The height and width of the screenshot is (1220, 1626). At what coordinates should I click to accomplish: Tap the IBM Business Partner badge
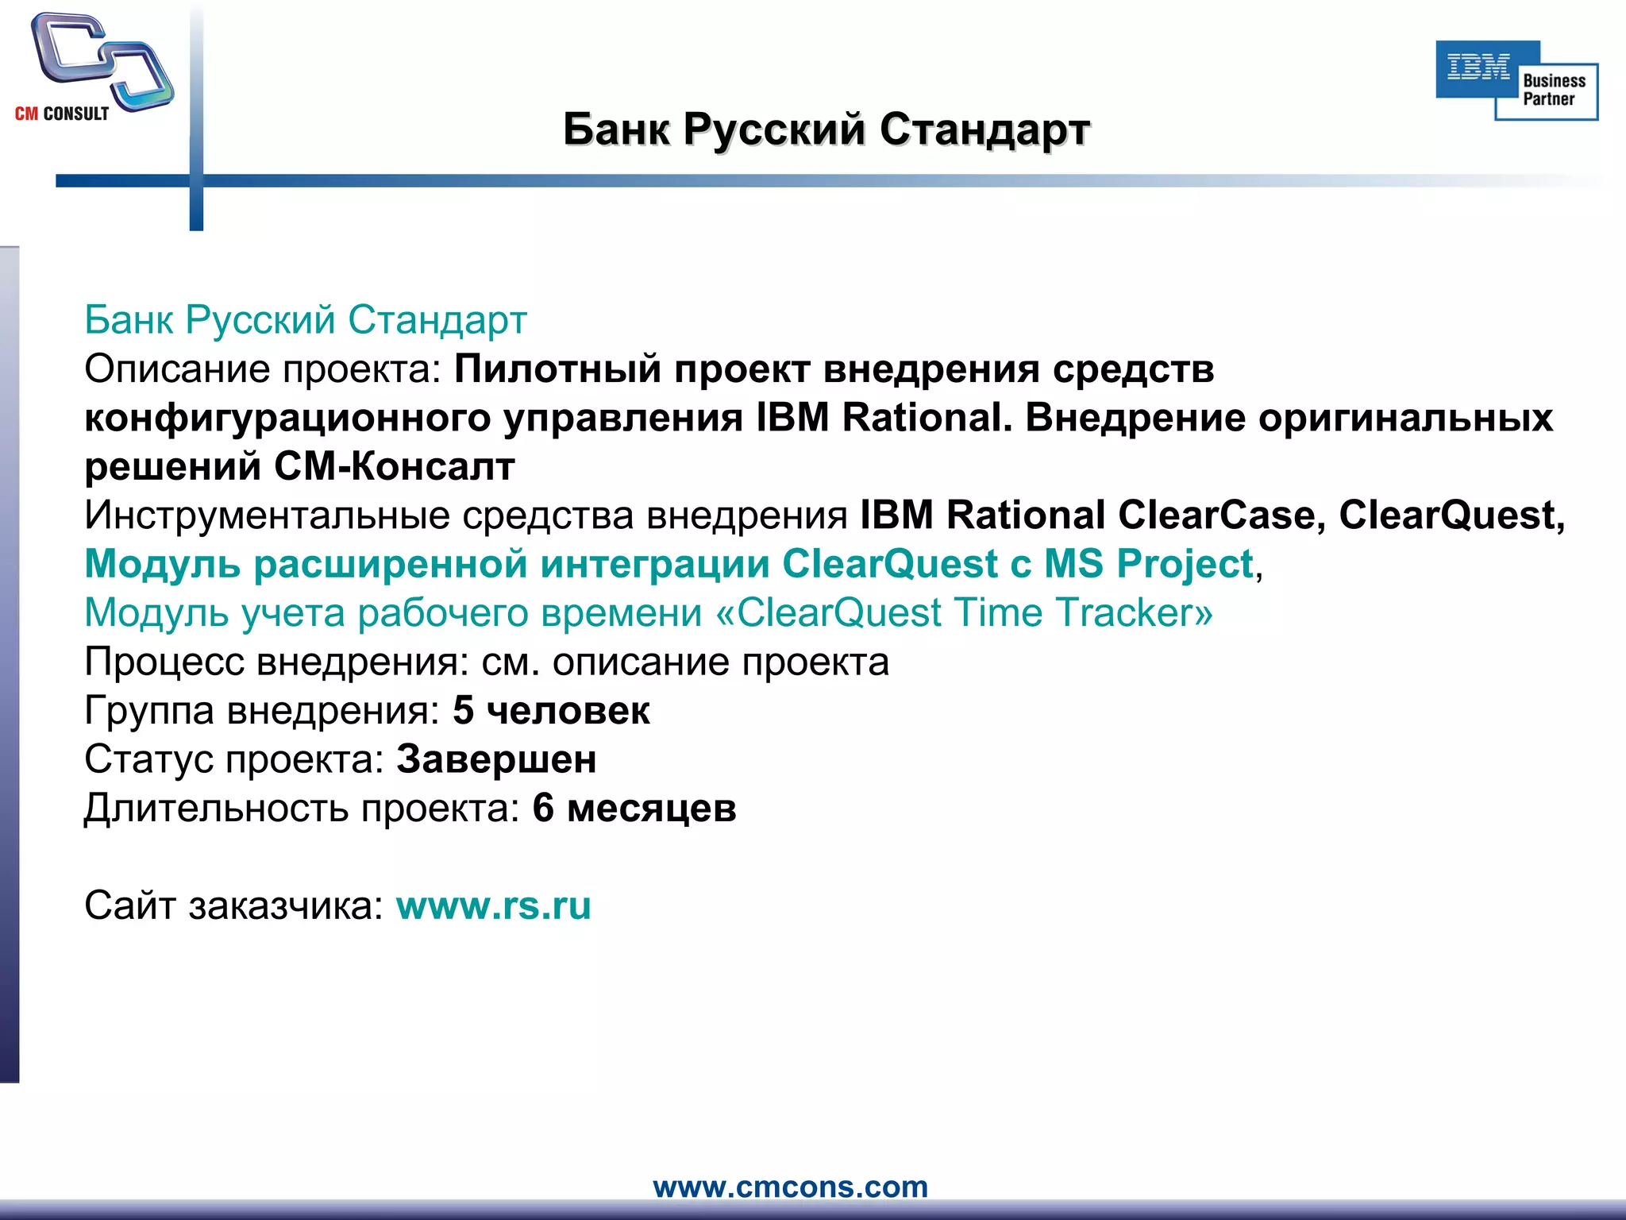1516,80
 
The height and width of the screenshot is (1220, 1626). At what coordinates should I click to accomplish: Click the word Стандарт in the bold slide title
984,129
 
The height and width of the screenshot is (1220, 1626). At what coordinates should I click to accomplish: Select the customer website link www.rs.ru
493,905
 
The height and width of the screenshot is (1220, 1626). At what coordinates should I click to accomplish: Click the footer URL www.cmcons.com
790,1187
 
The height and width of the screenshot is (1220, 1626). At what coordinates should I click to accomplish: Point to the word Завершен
496,759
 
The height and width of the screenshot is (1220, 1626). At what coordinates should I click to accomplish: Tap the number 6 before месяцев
543,809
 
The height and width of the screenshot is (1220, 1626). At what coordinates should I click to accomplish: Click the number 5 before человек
463,711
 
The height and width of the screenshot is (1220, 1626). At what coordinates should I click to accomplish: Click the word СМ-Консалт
395,467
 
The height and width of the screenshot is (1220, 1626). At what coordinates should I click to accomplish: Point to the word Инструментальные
268,515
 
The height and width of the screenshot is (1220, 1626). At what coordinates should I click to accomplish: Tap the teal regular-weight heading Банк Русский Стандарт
306,320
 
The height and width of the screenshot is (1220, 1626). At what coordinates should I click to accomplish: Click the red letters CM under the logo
26,114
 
